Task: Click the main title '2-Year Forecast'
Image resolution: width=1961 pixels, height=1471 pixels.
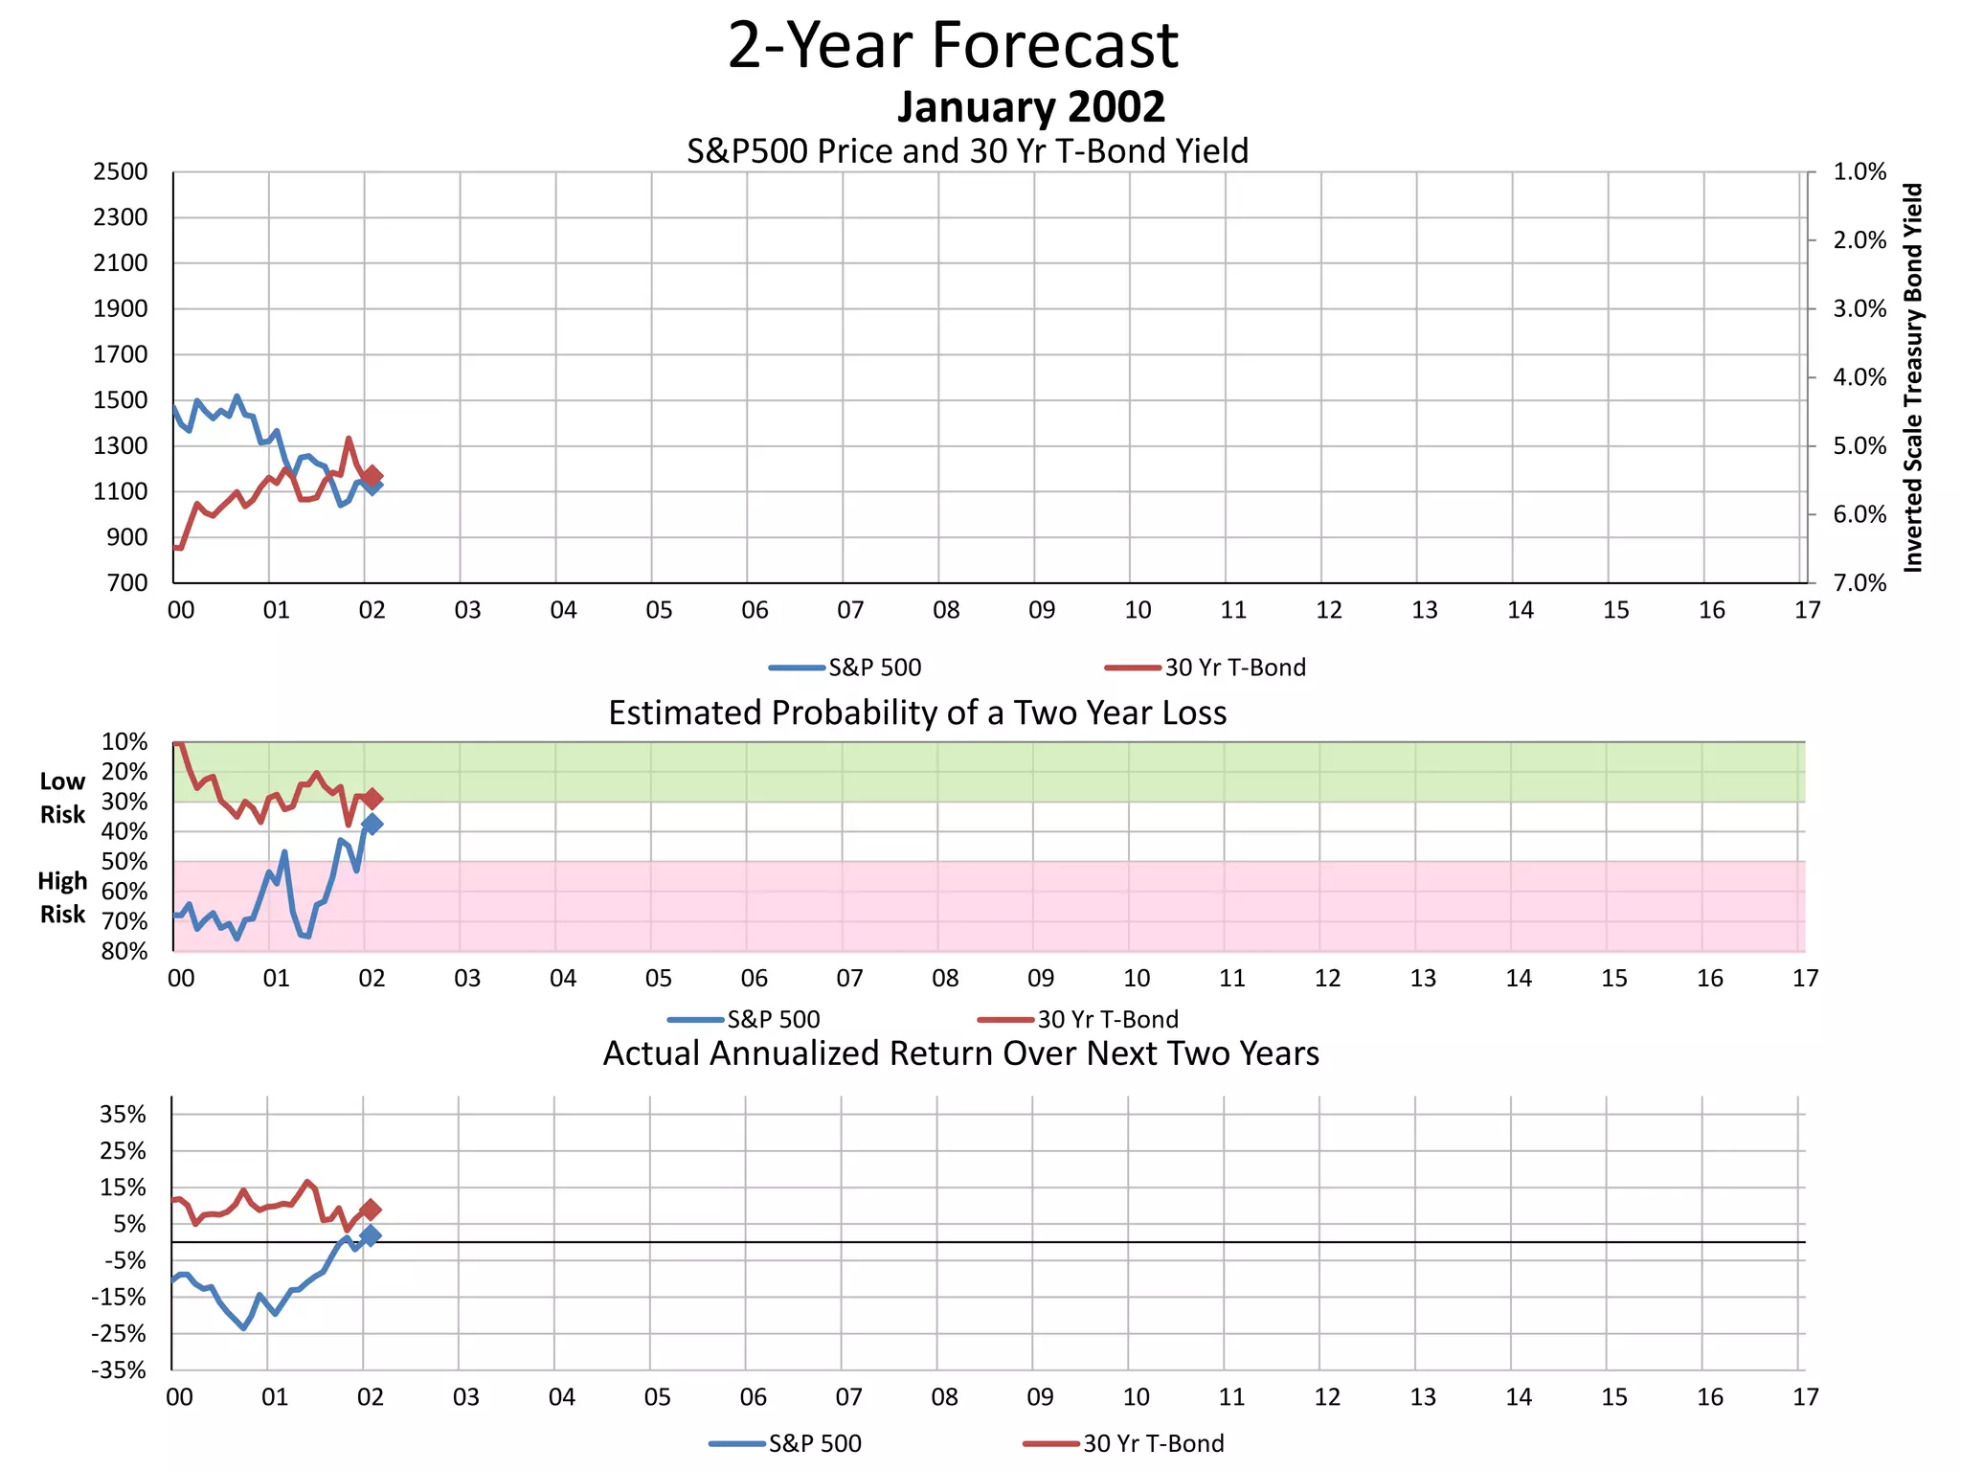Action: (953, 45)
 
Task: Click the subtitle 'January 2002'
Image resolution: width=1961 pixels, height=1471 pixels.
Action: (1030, 106)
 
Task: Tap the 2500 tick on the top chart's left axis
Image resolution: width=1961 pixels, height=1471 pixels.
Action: (121, 172)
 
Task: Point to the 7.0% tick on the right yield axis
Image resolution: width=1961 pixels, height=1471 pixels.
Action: (1859, 583)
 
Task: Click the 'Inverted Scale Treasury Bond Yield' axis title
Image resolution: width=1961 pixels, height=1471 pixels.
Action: (1912, 377)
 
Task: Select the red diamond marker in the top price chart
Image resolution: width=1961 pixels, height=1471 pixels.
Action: (372, 475)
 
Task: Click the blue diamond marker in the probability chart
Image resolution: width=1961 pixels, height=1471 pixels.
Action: (372, 824)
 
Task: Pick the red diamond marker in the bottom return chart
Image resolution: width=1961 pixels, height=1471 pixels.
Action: (372, 1210)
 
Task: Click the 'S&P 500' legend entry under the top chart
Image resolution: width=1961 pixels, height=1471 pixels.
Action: (873, 668)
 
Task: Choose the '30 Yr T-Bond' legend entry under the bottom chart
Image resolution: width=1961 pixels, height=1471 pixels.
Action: (1152, 1443)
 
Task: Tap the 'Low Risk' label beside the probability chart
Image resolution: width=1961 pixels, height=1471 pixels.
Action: (62, 798)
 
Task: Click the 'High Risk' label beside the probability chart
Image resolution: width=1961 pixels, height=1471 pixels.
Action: (62, 897)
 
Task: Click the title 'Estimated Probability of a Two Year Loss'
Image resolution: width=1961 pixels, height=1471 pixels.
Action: (917, 713)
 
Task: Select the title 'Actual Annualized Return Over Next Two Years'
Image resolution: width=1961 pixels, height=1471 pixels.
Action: (960, 1053)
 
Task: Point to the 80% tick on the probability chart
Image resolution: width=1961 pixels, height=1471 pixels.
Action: (124, 951)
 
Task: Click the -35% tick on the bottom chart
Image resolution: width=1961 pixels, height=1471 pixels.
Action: (119, 1369)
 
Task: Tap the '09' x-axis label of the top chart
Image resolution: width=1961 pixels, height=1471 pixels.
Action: (1042, 610)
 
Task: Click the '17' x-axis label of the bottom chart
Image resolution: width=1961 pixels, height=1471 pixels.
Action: (1805, 1397)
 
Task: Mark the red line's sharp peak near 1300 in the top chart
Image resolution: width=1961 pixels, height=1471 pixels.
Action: (349, 440)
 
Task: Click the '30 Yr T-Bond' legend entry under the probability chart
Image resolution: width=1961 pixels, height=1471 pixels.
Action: (1107, 1019)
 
